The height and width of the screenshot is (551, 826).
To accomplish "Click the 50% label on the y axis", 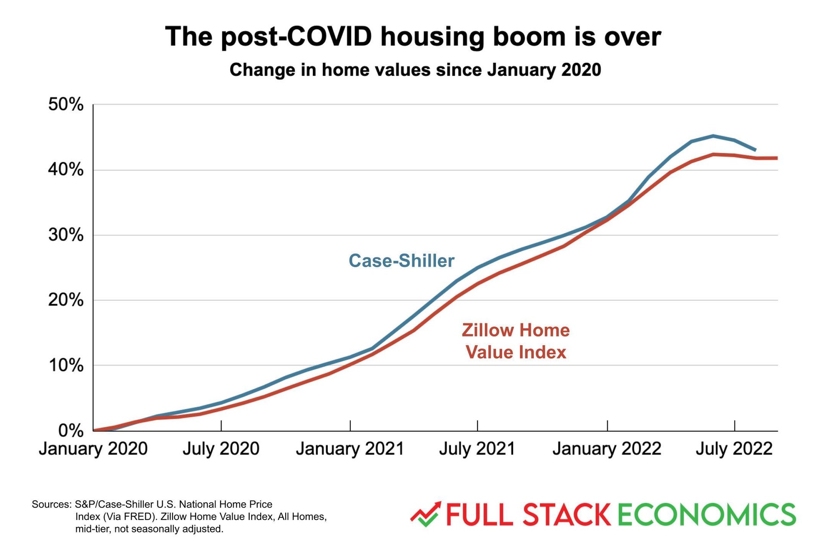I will click(x=66, y=105).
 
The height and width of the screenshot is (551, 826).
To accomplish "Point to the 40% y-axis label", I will click(x=66, y=170).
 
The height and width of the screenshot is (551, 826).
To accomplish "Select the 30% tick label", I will click(x=66, y=235).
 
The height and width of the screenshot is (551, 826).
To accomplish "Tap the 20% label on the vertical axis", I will click(x=66, y=300).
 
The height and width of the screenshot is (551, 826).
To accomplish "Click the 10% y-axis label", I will click(x=66, y=365).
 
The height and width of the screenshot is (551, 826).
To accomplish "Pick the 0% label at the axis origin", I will click(x=71, y=430).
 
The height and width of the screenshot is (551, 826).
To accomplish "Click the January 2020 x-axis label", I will click(x=93, y=449).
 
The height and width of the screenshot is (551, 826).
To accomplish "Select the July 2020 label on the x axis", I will click(x=221, y=449).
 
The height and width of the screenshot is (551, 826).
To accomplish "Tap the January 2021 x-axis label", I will click(x=350, y=449).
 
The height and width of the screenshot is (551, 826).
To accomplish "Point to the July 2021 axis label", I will click(x=477, y=449).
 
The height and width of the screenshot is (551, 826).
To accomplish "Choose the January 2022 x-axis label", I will click(x=607, y=449).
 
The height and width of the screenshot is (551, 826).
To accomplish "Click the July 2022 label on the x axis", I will click(x=734, y=449).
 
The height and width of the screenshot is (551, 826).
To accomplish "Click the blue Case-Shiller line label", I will click(x=401, y=261).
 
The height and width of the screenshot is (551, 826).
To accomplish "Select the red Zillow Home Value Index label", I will click(x=516, y=341).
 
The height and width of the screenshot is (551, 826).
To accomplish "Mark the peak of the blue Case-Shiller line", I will click(x=713, y=136).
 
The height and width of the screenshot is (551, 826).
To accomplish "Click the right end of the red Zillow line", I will click(x=776, y=158).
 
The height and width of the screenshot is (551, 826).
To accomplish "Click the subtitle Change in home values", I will click(x=415, y=70).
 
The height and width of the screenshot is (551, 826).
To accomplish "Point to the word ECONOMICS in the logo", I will click(x=706, y=515).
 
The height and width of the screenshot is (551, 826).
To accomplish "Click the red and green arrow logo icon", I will click(x=425, y=514).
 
